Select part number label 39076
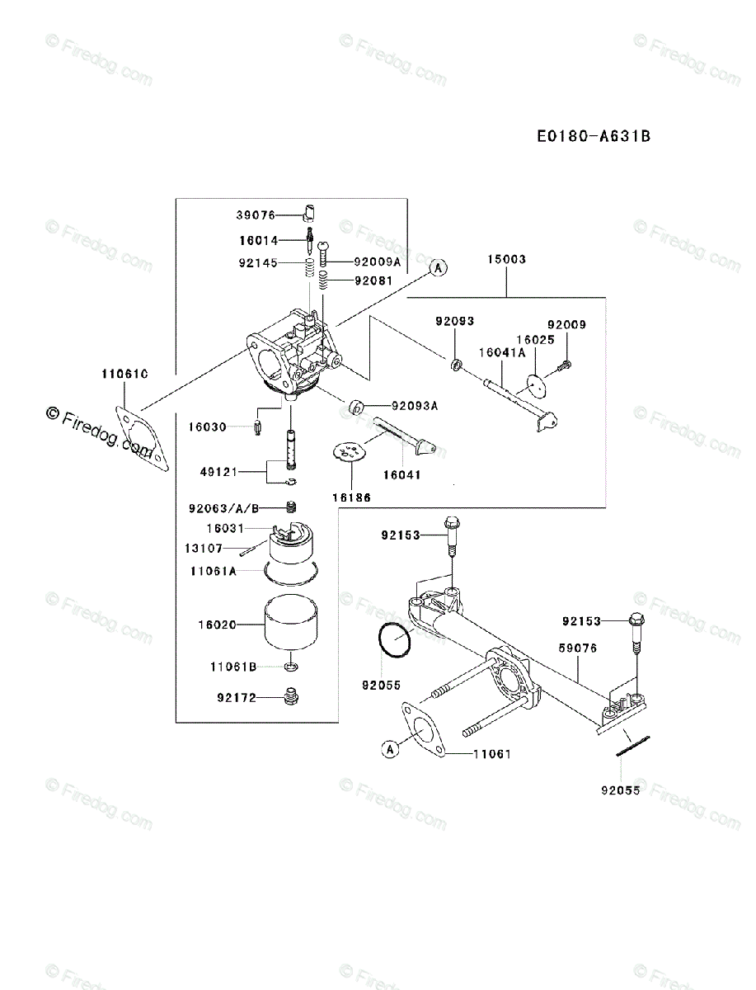click(256, 214)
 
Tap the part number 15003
click(507, 259)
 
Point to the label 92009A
click(377, 262)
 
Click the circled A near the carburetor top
click(439, 266)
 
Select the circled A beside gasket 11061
click(390, 749)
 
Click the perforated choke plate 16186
click(350, 453)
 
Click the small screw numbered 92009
click(566, 363)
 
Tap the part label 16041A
click(502, 351)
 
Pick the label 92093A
click(415, 405)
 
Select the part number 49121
click(218, 472)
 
